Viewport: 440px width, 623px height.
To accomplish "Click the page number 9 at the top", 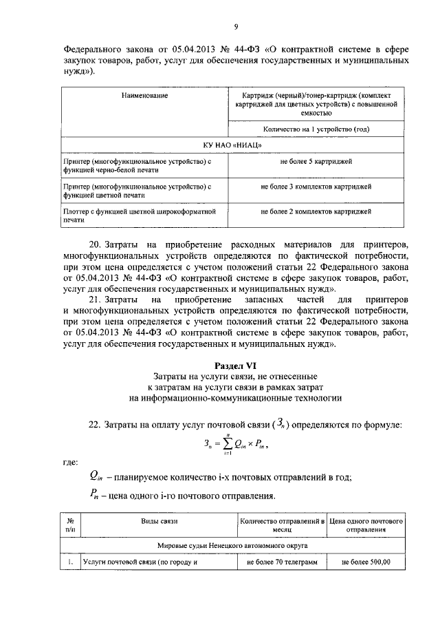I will [x=235, y=27].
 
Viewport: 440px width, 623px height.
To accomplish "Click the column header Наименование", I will [x=144, y=95].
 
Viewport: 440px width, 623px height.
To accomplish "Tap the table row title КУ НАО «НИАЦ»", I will [x=234, y=145].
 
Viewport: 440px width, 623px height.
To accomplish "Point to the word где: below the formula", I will [x=70, y=462].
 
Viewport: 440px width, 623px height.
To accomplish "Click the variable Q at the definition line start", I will [x=94, y=476].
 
